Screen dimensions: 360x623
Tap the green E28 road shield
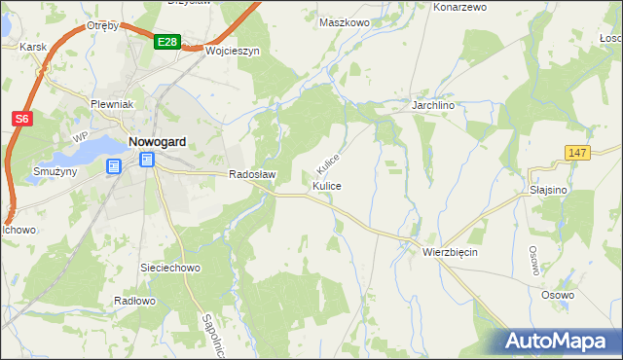(x=166, y=42)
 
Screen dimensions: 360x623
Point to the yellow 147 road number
(x=577, y=153)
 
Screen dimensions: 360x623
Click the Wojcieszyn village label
(x=232, y=52)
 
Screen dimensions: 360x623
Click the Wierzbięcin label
(x=451, y=251)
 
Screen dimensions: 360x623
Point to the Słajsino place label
(x=549, y=191)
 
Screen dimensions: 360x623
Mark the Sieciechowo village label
(x=170, y=266)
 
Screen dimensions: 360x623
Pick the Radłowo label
(x=134, y=301)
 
